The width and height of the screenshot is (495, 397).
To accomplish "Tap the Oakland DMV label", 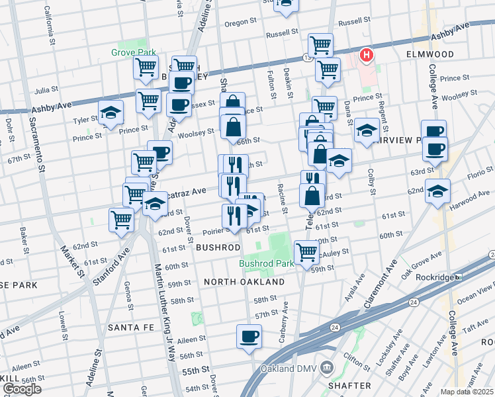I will pyautogui.click(x=286, y=369).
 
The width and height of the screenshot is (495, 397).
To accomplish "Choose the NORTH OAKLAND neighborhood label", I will pyautogui.click(x=244, y=282).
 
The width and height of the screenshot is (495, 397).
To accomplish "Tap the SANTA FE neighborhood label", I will pyautogui.click(x=130, y=328).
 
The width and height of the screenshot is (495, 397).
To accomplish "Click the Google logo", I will pyautogui.click(x=22, y=389).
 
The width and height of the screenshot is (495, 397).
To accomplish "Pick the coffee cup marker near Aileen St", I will pyautogui.click(x=249, y=336).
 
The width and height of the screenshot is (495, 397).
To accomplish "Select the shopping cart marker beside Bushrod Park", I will pyautogui.click(x=306, y=251).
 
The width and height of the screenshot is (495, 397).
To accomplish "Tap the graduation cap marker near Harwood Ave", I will pyautogui.click(x=437, y=191).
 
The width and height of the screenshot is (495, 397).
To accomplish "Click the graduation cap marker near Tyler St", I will pyautogui.click(x=111, y=112).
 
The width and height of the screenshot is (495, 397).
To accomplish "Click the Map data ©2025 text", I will pyautogui.click(x=467, y=392).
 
